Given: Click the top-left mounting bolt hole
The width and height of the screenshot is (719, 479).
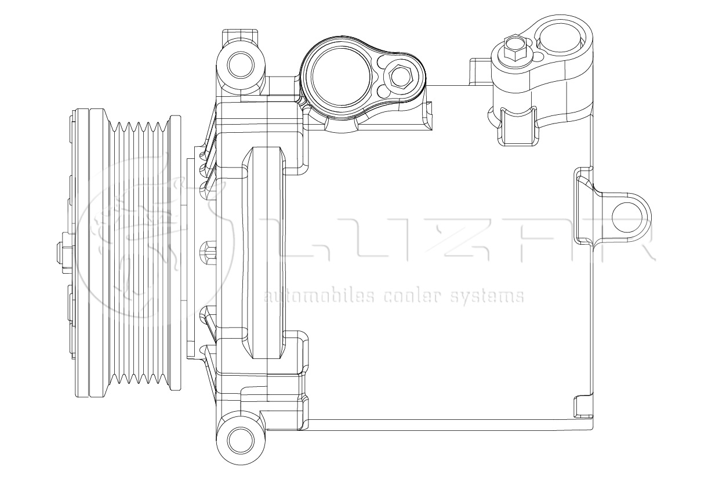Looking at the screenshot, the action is [241, 64].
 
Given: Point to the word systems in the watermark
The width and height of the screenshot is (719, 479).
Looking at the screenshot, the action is [487, 297].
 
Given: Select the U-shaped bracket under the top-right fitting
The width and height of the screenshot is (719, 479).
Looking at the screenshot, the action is [517, 125].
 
